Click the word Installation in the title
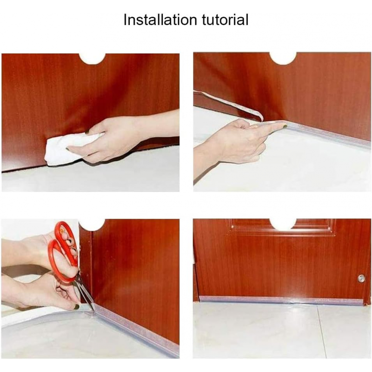click(160, 20)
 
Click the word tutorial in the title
click(225, 20)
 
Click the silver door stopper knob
click(361, 278)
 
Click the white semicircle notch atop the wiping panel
click(92, 59)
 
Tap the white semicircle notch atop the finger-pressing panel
click(283, 59)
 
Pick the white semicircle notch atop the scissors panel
click(92, 225)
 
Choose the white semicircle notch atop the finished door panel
click(283, 225)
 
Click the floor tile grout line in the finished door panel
click(322, 332)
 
